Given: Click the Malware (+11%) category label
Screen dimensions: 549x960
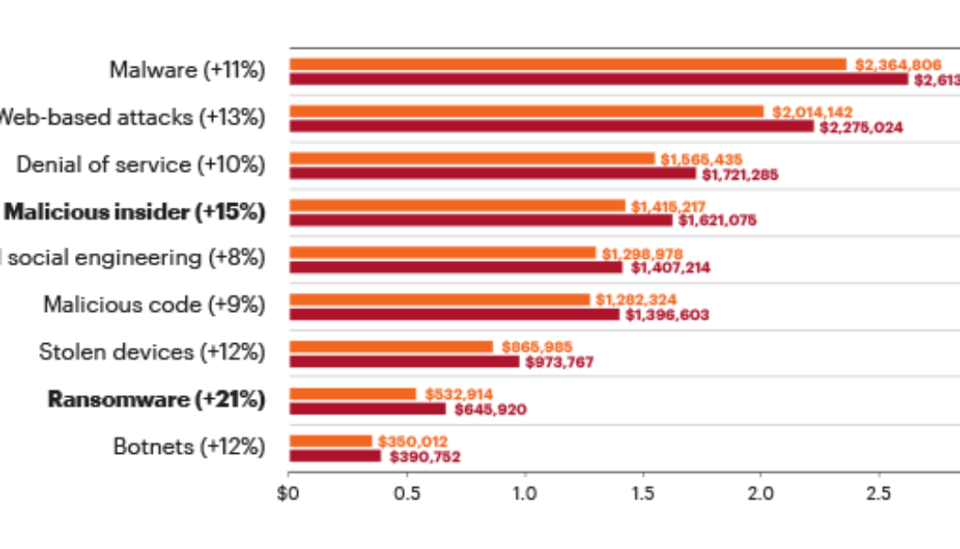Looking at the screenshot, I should point(187,70).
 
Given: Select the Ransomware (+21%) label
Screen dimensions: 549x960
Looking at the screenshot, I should point(156,400).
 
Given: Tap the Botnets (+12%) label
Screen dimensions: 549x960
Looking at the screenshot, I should point(189,447).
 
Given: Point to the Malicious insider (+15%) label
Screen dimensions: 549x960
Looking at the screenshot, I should point(135,211).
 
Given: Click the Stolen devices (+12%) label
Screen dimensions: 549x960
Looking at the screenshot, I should point(153,352).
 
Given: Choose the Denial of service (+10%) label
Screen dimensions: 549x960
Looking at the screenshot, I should point(141,165).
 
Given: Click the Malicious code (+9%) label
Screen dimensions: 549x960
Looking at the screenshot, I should point(155,305).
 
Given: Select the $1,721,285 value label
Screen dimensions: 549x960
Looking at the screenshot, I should point(740,174).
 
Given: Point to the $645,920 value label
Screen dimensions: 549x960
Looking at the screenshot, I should point(490,410).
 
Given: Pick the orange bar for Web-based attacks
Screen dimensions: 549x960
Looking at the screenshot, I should point(526,112).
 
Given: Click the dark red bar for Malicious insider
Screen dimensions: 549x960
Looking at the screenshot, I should point(480,221).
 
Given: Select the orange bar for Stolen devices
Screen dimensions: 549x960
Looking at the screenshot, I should point(390,347).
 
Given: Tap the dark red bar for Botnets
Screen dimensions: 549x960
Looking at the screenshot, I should point(335,456).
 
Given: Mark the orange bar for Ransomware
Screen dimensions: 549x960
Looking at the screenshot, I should point(352,393).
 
